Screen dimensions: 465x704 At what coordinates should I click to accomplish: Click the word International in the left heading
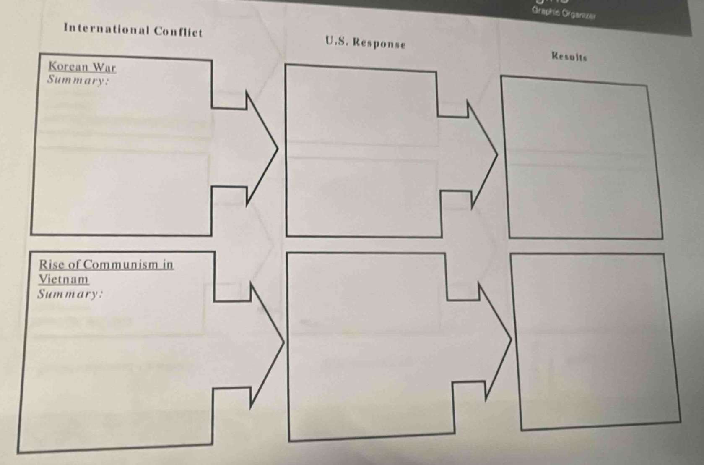click(107, 29)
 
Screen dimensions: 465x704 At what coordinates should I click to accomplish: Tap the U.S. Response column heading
click(365, 42)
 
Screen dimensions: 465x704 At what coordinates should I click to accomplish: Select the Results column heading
click(569, 57)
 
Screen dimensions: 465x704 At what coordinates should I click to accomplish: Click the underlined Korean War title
click(82, 67)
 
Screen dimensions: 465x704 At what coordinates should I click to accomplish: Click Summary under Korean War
click(78, 80)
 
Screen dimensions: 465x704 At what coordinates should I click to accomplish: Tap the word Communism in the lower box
click(119, 265)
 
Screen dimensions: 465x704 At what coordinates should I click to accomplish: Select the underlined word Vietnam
click(64, 279)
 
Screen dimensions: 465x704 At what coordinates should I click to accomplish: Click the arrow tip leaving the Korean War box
click(277, 148)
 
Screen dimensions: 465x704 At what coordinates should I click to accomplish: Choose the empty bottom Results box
click(595, 342)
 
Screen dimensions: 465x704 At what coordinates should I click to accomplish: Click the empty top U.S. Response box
click(363, 151)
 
